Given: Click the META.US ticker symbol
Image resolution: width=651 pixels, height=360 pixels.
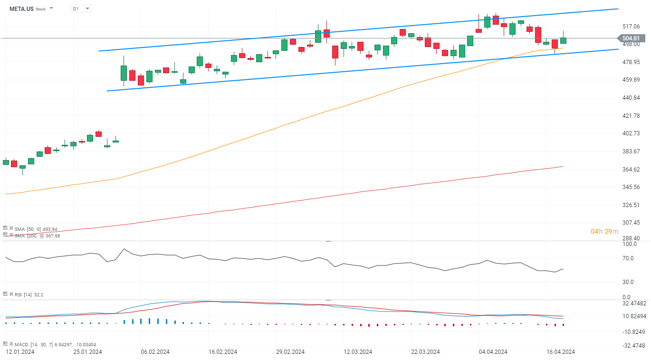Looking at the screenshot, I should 21,9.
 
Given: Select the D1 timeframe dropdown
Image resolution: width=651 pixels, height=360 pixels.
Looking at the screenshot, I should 80,9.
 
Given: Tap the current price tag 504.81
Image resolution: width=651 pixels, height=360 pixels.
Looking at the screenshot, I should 630,38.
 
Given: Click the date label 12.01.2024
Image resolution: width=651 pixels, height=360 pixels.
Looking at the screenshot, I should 19,352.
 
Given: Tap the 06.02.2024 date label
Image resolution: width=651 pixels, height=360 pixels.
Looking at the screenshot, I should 155,352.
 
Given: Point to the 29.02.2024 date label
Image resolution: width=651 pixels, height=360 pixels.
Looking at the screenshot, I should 291,352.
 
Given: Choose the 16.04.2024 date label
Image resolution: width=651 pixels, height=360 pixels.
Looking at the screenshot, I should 561,352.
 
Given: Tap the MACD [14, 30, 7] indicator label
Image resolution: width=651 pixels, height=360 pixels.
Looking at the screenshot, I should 48,344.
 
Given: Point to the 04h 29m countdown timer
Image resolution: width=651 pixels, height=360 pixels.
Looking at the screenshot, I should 604,231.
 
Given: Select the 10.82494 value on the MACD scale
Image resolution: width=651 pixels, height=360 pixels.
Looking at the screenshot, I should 633,316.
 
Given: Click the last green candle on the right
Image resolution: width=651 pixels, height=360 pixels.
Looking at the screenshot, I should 563,40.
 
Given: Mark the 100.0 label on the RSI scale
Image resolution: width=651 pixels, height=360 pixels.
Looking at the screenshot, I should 629,244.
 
